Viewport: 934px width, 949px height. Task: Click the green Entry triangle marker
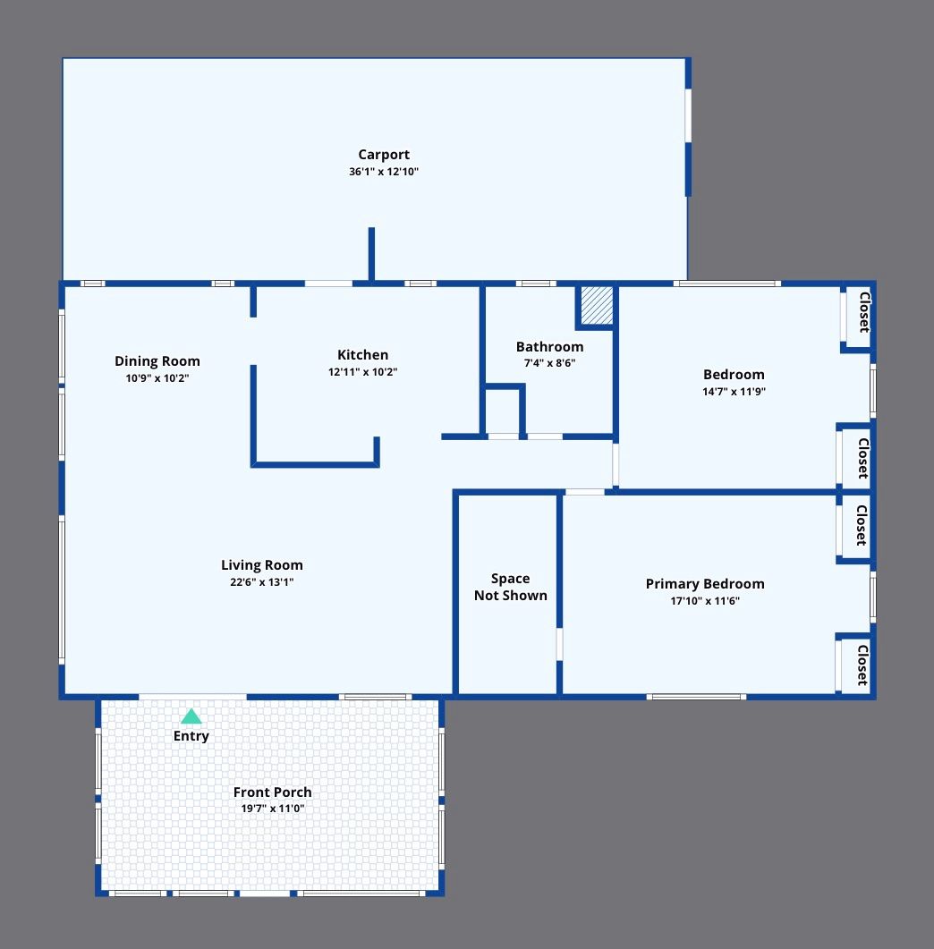tap(191, 716)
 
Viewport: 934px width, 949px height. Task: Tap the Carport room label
tap(384, 155)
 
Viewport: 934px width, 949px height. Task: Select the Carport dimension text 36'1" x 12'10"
tap(384, 172)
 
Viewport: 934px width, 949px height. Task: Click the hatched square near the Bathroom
tap(596, 306)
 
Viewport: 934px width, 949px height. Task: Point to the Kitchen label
tap(362, 355)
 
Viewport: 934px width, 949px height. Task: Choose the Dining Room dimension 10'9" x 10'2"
tap(157, 378)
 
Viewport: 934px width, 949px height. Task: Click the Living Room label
tap(262, 565)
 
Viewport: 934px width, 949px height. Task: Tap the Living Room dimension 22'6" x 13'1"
tap(262, 582)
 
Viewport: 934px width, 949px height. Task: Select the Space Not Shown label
tap(510, 588)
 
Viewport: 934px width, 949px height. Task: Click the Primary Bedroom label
tap(705, 584)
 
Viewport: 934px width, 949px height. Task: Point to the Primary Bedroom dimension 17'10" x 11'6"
tap(705, 601)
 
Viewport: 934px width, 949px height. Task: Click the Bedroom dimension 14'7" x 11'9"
tap(734, 392)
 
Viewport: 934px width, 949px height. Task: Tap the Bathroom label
tap(549, 347)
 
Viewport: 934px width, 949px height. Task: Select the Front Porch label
tap(272, 792)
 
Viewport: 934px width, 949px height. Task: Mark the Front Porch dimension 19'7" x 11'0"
tap(272, 809)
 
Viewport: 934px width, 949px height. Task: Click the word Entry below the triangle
tap(191, 736)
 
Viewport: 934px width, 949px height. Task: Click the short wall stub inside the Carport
tap(371, 254)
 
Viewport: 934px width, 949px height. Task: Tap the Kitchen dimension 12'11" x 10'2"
tap(362, 372)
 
